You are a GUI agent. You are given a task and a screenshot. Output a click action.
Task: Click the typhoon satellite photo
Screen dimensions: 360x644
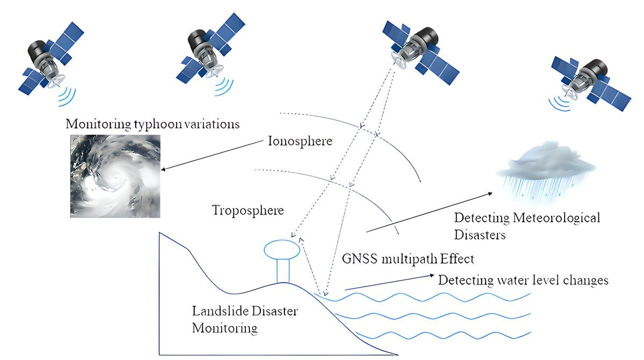(x=115, y=175)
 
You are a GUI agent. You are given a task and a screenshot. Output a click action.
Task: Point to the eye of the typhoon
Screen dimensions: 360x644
(x=114, y=177)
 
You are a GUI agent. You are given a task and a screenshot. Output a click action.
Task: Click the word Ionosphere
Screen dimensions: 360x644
(x=300, y=142)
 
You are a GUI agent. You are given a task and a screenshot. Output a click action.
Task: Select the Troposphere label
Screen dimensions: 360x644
(x=247, y=210)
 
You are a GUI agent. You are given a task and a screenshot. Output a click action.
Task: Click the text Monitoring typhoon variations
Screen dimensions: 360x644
(x=152, y=124)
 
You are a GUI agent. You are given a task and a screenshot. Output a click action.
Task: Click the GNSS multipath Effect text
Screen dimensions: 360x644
(x=408, y=259)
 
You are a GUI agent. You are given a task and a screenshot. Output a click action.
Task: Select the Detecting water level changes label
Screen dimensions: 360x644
(x=523, y=280)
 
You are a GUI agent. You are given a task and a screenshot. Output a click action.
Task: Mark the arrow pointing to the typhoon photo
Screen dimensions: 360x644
(x=215, y=156)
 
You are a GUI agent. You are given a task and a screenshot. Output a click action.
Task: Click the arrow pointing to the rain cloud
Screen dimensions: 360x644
(x=429, y=212)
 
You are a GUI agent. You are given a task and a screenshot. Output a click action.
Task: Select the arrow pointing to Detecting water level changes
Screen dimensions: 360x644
(x=389, y=283)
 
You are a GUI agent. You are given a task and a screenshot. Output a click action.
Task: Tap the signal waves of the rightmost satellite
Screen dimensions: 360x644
(x=560, y=104)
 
